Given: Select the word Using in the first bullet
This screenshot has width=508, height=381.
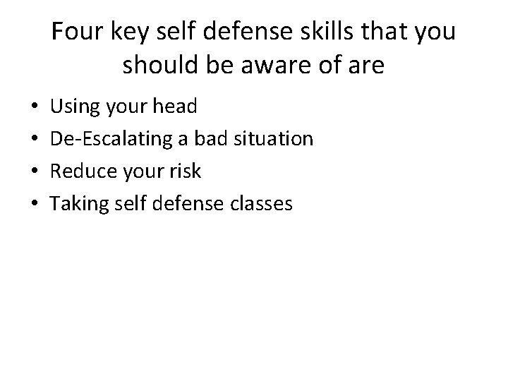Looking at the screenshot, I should (76, 107).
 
